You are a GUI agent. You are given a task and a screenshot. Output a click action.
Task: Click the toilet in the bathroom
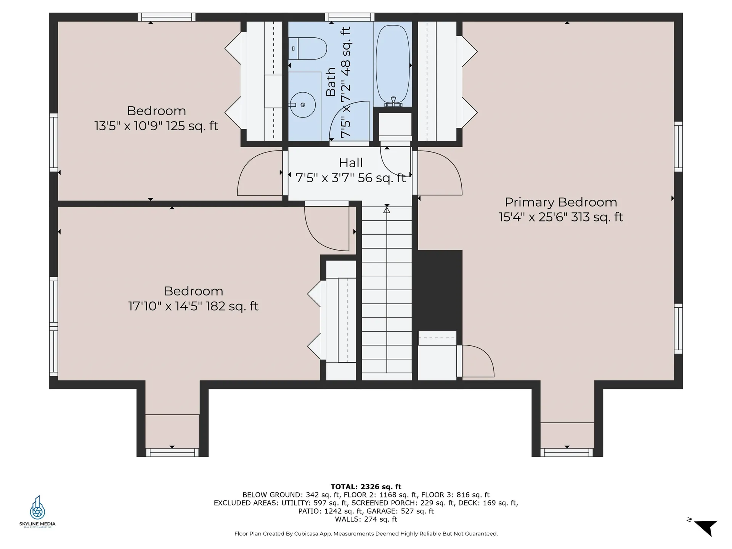click(307, 48)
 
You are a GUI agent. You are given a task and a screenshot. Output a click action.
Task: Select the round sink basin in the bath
click(303, 104)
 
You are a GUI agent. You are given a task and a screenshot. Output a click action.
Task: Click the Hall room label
click(351, 163)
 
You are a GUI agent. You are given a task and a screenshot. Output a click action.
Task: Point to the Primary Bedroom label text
click(561, 202)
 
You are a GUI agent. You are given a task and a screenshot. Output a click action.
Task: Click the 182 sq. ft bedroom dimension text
click(193, 306)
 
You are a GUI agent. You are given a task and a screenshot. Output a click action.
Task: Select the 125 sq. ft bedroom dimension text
click(156, 126)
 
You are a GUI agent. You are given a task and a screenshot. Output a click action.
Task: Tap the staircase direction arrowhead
click(387, 209)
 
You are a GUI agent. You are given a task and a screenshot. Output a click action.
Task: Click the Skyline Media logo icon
click(37, 508)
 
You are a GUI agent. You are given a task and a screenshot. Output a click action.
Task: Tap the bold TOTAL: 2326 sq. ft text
click(366, 486)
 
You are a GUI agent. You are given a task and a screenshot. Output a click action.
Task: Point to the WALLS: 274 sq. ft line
click(366, 519)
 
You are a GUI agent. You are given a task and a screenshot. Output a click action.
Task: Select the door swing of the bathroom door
click(348, 120)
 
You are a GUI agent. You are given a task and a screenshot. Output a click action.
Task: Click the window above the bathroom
click(350, 17)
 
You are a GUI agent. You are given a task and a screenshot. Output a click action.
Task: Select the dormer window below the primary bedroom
click(567, 453)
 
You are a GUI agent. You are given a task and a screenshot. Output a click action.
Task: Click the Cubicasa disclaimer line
click(366, 534)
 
